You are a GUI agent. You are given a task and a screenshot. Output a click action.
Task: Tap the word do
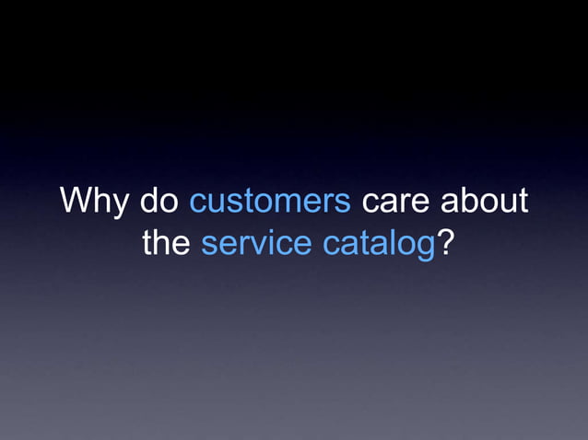click(x=159, y=202)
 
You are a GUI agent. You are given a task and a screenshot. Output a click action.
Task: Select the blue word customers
click(x=270, y=202)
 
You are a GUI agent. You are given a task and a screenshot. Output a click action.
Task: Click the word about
click(x=484, y=202)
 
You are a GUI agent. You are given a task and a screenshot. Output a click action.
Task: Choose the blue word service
click(x=257, y=244)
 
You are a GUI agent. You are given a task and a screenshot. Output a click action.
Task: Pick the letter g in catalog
click(x=425, y=248)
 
